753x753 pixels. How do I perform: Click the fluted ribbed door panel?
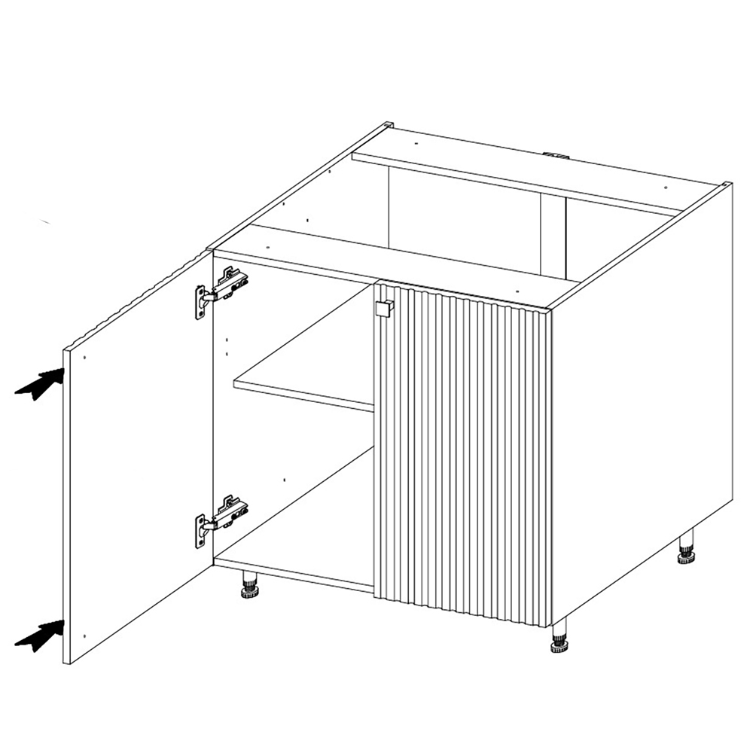point(463,452)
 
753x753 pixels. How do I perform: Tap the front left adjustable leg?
point(249,585)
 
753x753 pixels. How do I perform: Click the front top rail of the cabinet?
point(392,259)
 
